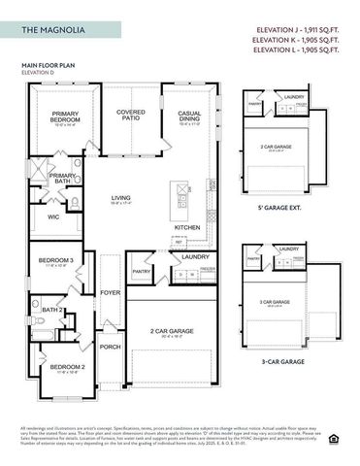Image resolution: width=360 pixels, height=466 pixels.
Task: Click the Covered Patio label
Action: [x=131, y=114]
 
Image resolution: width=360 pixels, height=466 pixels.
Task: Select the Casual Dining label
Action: [x=189, y=116]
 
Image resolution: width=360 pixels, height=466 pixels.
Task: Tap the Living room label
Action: [x=120, y=198]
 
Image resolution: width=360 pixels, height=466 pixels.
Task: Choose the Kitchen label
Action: [x=187, y=227]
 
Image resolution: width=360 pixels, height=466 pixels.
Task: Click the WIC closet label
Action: [x=54, y=217]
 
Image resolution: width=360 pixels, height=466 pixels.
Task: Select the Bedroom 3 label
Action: [x=55, y=260]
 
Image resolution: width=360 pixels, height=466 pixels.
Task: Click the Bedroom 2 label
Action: [x=55, y=367]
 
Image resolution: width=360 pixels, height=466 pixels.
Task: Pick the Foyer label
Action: [x=111, y=291]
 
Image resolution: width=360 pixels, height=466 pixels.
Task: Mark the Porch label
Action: [x=111, y=346]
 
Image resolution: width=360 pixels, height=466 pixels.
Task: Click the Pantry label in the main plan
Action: [x=142, y=272]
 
